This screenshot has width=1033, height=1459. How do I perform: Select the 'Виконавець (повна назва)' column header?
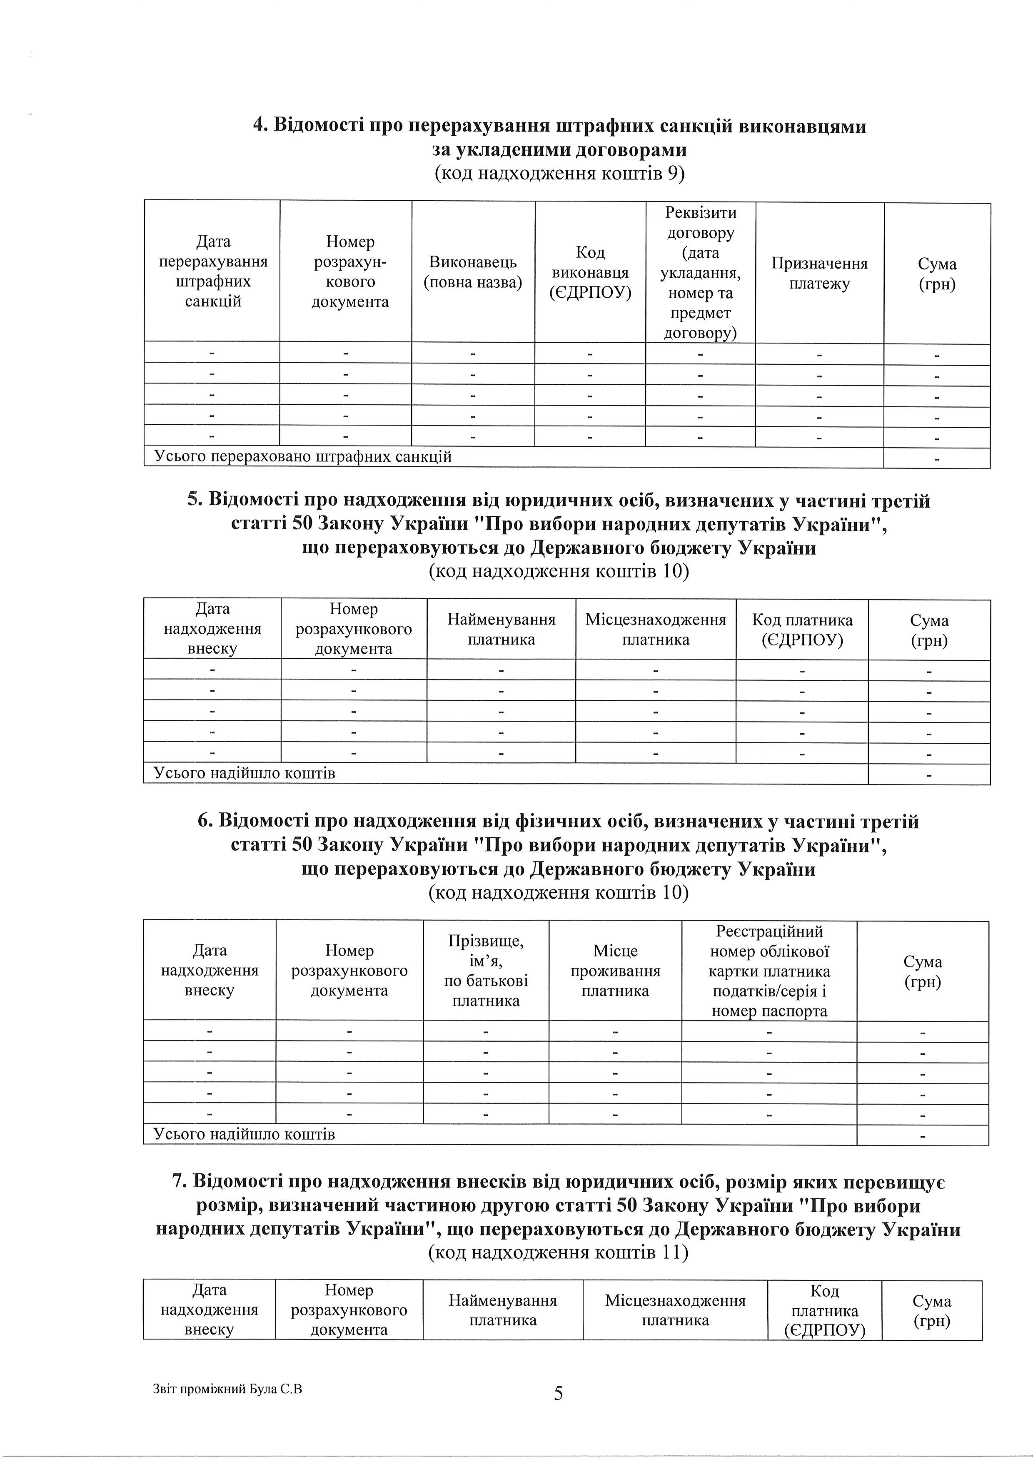coord(473,272)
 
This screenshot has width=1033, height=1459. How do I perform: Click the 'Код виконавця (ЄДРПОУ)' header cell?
coord(590,272)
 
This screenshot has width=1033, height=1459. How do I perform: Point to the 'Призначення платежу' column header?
coord(819,274)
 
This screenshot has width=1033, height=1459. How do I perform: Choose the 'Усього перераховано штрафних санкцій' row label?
coord(303,456)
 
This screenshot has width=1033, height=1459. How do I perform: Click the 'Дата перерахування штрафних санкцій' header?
coord(213,271)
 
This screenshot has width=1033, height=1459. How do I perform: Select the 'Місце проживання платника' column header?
coord(615,971)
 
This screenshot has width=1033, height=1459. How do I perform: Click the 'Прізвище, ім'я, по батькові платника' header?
coord(486,971)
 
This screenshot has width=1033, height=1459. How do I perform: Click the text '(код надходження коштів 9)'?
coord(559,174)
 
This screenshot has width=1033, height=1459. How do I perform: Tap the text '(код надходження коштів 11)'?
coord(559,1252)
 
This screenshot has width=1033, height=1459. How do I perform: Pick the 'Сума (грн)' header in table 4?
coord(937,274)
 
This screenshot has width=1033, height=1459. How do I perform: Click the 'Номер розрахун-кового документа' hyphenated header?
coord(350,271)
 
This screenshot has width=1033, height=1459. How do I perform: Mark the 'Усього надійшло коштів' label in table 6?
coord(244,1134)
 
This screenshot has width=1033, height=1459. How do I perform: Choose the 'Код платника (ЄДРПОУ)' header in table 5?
coord(802,630)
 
